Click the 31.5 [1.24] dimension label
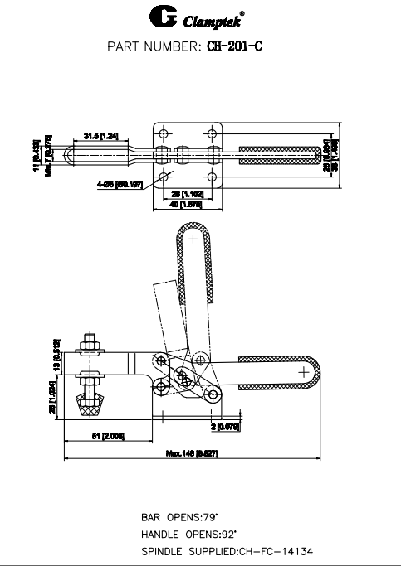pos(100,134)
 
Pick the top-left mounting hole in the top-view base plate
pos(164,133)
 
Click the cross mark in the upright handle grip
pos(193,239)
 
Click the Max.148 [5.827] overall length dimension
pos(192,452)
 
